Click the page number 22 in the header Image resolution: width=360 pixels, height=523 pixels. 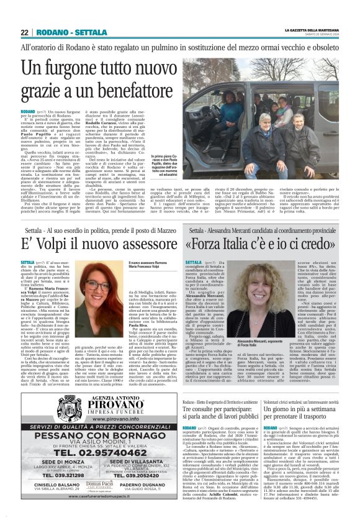tap(25, 32)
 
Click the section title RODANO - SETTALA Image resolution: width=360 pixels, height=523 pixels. tap(68, 32)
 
